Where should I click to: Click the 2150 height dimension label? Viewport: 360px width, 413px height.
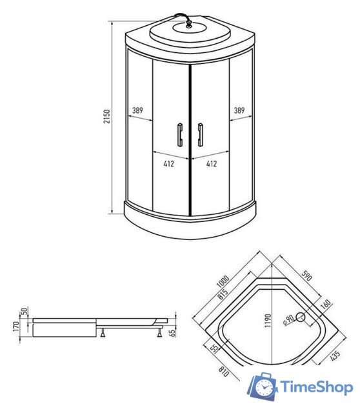pos(108,116)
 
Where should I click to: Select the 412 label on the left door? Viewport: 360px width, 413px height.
pos(168,164)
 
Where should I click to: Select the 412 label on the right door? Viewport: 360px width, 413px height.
pos(210,164)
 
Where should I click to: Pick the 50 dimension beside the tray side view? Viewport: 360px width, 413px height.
pos(25,312)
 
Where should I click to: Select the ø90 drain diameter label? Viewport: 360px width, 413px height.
pos(288,317)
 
